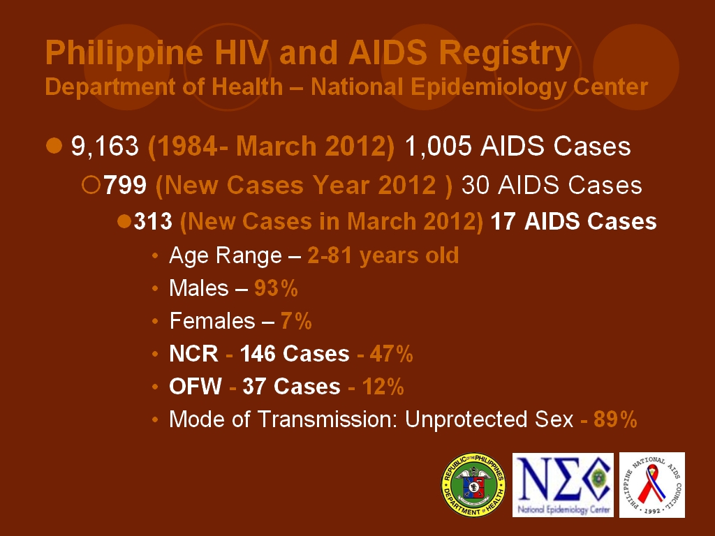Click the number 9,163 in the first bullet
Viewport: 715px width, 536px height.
(105, 147)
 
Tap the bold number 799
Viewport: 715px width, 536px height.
(125, 185)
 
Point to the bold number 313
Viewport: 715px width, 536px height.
(153, 221)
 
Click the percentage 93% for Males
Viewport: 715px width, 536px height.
(276, 288)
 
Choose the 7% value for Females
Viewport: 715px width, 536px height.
(296, 321)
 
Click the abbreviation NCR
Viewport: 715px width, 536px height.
(193, 354)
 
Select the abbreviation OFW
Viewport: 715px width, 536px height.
(195, 387)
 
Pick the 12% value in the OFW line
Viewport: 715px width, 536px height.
(382, 387)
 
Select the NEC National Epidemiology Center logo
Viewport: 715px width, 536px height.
(563, 484)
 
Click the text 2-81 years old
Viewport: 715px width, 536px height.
(383, 255)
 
